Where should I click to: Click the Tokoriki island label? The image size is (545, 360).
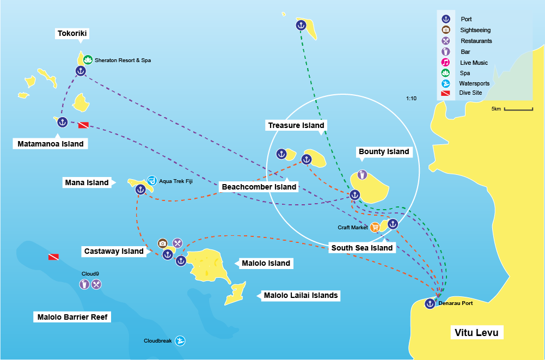(x=72, y=34)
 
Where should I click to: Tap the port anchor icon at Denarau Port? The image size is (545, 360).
(x=430, y=303)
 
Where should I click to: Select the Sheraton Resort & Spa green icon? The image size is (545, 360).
(x=88, y=60)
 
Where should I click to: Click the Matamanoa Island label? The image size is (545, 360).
(x=50, y=144)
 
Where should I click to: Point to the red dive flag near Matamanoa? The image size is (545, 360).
(x=83, y=125)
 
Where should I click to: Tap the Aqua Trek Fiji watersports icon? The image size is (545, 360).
(x=152, y=181)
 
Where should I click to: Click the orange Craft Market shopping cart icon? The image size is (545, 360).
(x=375, y=227)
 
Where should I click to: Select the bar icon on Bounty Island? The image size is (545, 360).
(x=362, y=175)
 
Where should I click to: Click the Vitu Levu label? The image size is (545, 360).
(x=476, y=332)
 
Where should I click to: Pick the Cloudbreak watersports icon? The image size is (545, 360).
(x=180, y=341)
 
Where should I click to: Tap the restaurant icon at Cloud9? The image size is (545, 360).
(x=96, y=284)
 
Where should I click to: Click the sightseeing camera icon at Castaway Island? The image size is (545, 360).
(x=162, y=243)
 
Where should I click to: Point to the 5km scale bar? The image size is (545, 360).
(x=518, y=109)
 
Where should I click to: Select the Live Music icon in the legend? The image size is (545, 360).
(x=446, y=62)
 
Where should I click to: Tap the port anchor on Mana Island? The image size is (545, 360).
(x=140, y=190)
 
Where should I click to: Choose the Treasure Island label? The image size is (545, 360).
(x=296, y=125)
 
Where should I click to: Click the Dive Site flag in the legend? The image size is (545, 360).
(x=446, y=93)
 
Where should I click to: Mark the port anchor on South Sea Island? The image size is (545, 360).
(x=393, y=224)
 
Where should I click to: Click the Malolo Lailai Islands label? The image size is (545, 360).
(x=301, y=295)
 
